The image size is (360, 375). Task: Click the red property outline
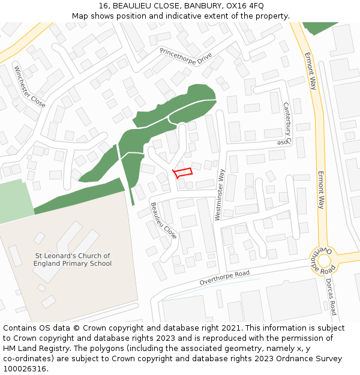point(183,172)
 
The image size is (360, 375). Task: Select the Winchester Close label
point(30,86)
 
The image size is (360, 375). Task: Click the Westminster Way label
point(220,194)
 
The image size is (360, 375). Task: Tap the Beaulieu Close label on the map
point(164,221)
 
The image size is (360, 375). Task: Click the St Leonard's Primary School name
point(73,259)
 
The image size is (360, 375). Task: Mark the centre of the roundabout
point(325,261)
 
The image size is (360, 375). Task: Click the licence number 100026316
point(25,369)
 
